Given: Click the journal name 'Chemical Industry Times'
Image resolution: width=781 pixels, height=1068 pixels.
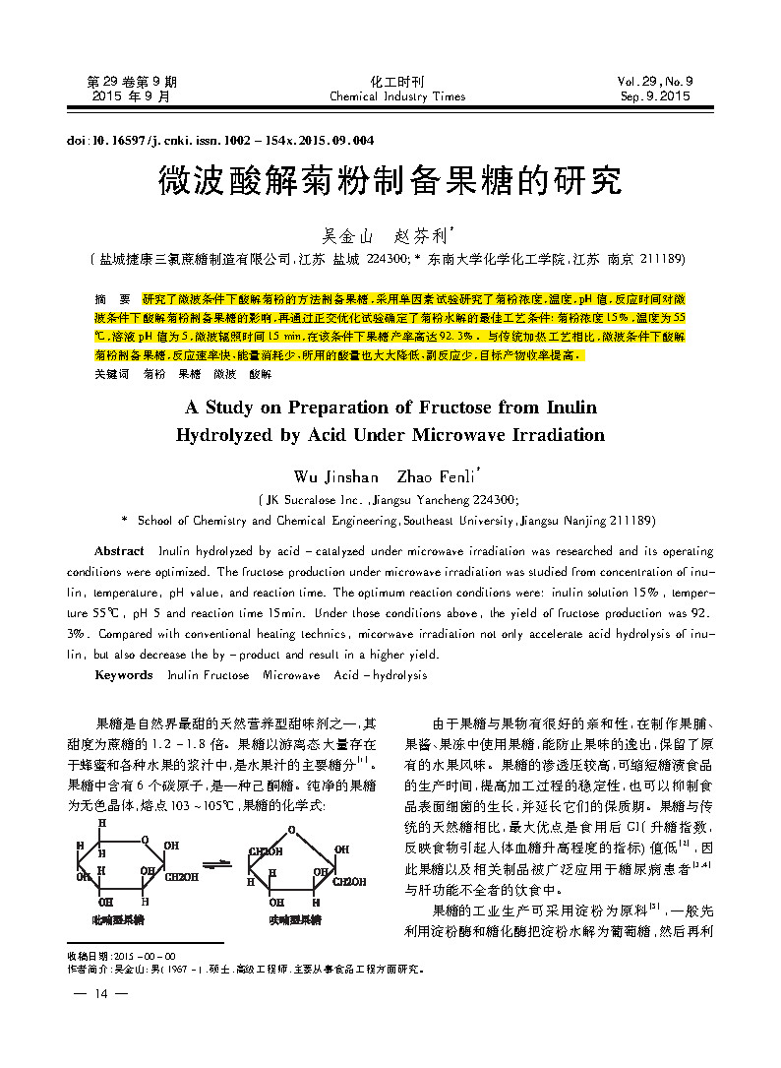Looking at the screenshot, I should (x=397, y=96).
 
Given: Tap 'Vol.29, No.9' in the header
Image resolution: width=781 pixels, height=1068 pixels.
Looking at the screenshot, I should (x=655, y=82).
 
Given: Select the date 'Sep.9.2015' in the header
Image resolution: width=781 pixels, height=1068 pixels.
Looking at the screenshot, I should (x=655, y=96).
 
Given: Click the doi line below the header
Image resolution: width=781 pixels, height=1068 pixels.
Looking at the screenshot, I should (x=220, y=141).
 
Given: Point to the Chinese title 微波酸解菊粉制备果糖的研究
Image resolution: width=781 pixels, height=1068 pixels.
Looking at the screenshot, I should (x=390, y=181).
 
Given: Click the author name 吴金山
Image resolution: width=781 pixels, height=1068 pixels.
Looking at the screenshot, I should (x=349, y=237).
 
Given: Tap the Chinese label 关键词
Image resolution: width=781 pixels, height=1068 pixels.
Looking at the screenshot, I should (x=111, y=375).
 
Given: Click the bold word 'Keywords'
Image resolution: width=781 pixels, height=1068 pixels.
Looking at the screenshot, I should (x=123, y=675).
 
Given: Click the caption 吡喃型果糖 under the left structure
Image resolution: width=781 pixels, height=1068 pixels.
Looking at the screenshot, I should (x=117, y=919).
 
